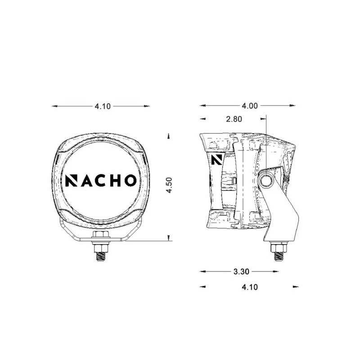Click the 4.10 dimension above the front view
coord(102,106)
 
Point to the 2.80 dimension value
coord(234,119)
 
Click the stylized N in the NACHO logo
coord(72,180)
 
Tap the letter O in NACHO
coord(128,180)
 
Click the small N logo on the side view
coord(217,160)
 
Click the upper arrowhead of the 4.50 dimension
coord(168,135)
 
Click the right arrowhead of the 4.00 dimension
coord(295,106)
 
